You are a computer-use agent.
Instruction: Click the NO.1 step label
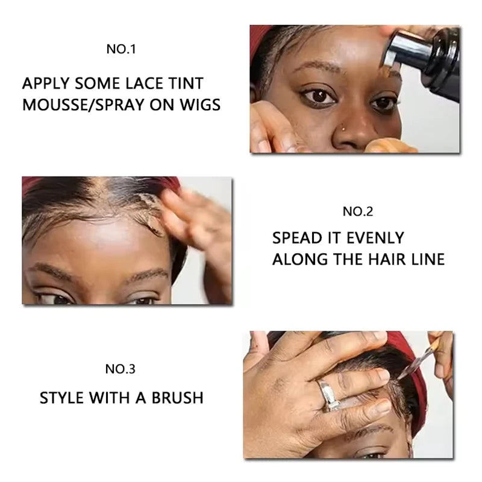(x=121, y=49)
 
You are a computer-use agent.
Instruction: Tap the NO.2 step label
(x=358, y=211)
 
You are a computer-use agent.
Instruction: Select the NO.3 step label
(x=120, y=369)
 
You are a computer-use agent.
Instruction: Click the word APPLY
(x=46, y=84)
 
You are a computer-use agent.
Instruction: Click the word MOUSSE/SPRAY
(x=83, y=105)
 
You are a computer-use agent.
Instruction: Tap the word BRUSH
(x=177, y=398)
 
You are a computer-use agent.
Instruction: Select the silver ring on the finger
(x=328, y=396)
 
